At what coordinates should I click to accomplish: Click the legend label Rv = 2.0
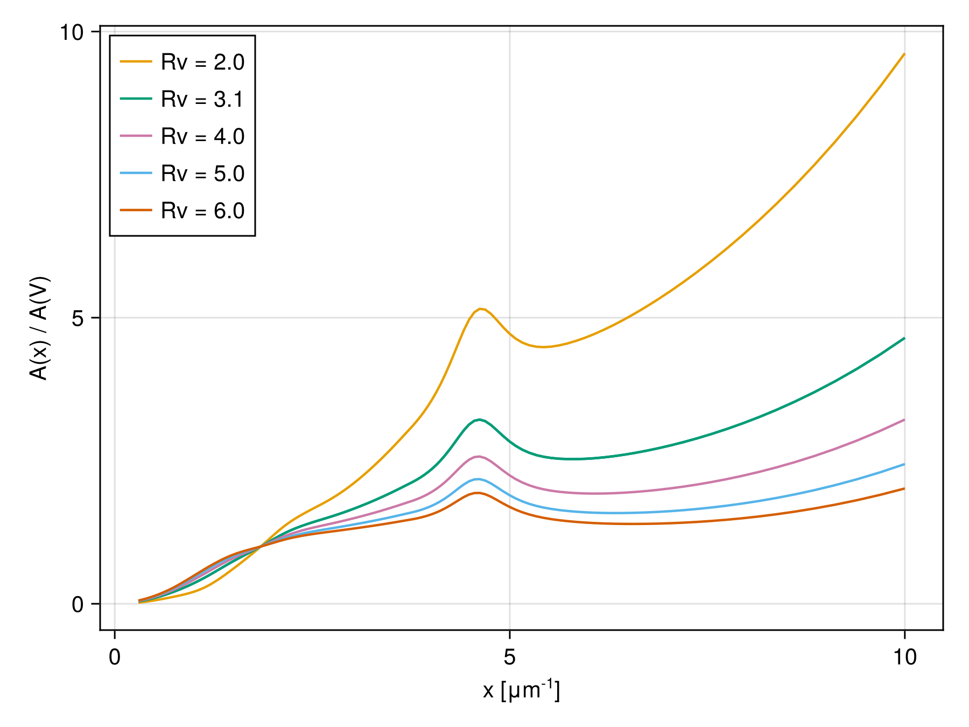click(202, 62)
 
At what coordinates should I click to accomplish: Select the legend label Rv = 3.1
click(202, 100)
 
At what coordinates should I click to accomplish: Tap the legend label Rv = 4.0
click(202, 137)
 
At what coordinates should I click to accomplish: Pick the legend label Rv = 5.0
click(202, 174)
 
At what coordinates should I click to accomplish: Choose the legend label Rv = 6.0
click(202, 211)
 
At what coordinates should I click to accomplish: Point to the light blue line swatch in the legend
click(136, 173)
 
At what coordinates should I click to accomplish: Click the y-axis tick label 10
click(72, 33)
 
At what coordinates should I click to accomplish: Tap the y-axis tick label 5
click(78, 319)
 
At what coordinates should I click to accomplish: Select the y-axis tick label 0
click(78, 605)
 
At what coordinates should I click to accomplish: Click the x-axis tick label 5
click(509, 658)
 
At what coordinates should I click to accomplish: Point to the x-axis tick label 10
click(904, 658)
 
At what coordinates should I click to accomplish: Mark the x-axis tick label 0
click(115, 658)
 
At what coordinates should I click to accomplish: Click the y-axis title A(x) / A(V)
click(39, 328)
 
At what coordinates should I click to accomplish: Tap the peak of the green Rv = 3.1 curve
click(479, 420)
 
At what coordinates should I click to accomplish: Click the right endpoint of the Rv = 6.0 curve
click(904, 488)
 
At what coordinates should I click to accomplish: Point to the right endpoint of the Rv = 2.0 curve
click(904, 54)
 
